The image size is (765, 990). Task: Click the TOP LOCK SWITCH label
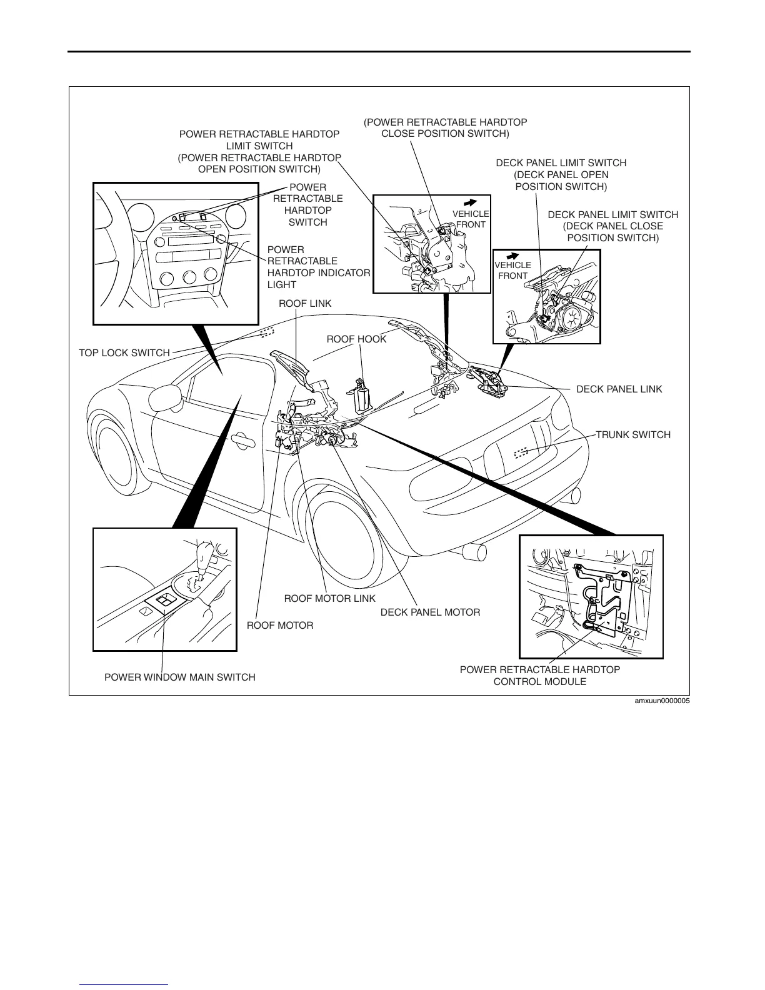pyautogui.click(x=124, y=353)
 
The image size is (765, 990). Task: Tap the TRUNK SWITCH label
pyautogui.click(x=632, y=435)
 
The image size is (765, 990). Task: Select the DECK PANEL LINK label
pyautogui.click(x=619, y=389)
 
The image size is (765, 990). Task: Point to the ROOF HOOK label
pyautogui.click(x=356, y=339)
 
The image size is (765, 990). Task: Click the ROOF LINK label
pyautogui.click(x=305, y=304)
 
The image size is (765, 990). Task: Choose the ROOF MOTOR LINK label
pyautogui.click(x=330, y=599)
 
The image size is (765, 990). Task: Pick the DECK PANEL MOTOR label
pyautogui.click(x=430, y=612)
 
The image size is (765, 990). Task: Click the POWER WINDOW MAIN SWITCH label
pyautogui.click(x=180, y=677)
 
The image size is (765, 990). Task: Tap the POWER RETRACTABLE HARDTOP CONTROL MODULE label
pyautogui.click(x=540, y=676)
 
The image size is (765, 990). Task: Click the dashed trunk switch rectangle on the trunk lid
pyautogui.click(x=521, y=452)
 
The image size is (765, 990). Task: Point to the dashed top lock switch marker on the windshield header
pyautogui.click(x=267, y=332)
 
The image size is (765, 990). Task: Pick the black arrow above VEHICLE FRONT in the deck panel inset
pyautogui.click(x=512, y=256)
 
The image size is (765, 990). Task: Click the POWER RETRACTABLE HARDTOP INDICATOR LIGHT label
pyautogui.click(x=318, y=267)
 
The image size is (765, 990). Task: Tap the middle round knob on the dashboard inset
pyautogui.click(x=191, y=277)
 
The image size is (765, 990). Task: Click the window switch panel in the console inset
pyautogui.click(x=163, y=602)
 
